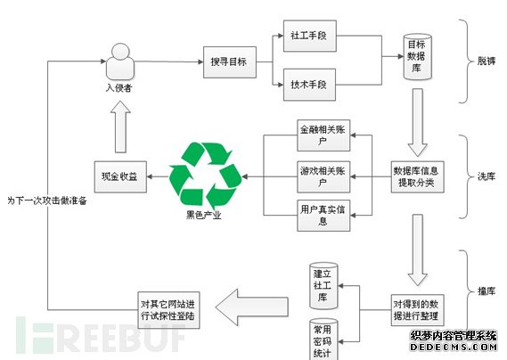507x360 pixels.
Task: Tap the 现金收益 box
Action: pyautogui.click(x=119, y=176)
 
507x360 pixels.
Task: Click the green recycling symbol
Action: pyautogui.click(x=206, y=170)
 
